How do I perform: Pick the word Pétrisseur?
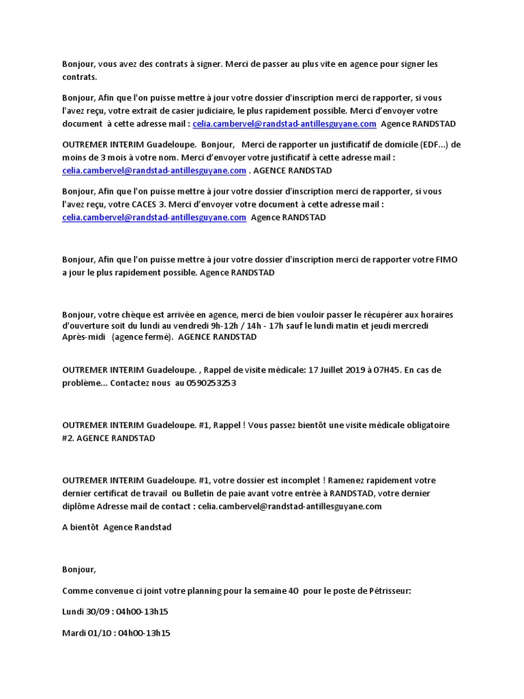tap(388, 591)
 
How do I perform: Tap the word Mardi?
tap(74, 633)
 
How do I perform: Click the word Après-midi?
tap(84, 337)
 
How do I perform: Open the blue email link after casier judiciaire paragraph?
tap(285, 124)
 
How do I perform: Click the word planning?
tap(190, 591)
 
